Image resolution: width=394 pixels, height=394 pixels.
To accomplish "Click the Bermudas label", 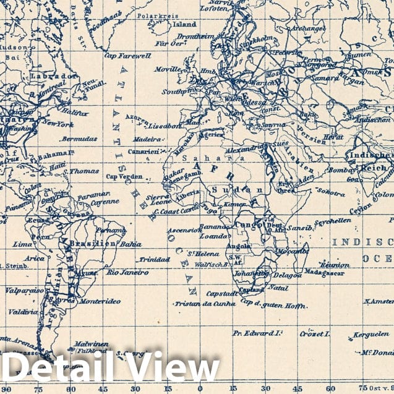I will [x=79, y=139].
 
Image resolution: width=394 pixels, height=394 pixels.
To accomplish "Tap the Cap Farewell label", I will [x=128, y=55].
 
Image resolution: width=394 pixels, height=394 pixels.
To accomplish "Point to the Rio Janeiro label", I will [x=127, y=272].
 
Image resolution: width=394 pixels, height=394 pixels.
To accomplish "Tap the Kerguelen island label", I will [x=371, y=335].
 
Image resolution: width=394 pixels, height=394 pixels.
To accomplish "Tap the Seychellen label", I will [x=333, y=220].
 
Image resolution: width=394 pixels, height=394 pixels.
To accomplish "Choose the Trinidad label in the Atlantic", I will [x=153, y=259].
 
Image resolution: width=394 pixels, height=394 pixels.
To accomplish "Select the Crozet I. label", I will [x=314, y=333].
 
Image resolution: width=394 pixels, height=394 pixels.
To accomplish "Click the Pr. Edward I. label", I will [x=257, y=332].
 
